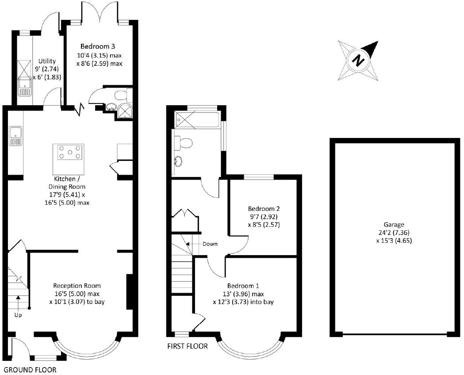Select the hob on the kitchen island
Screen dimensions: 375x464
click(x=69, y=153)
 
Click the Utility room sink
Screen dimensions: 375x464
click(x=23, y=85)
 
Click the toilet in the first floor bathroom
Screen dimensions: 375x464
click(x=184, y=143)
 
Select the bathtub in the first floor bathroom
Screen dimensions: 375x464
click(x=197, y=119)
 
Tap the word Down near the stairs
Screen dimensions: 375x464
click(x=210, y=244)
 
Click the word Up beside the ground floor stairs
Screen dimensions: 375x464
click(x=18, y=315)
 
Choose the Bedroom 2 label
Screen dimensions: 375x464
click(x=264, y=208)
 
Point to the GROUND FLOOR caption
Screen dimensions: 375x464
click(x=30, y=370)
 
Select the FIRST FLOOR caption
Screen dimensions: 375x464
click(x=187, y=346)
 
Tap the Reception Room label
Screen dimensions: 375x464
click(x=77, y=285)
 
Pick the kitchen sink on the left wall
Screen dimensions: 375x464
click(x=15, y=135)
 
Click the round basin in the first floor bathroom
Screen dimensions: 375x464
click(x=179, y=161)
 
